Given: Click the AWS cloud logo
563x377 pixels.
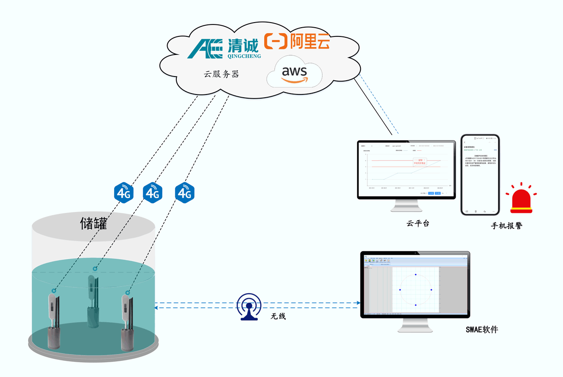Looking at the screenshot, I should coord(295,74).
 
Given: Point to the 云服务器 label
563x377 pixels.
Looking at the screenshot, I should coord(222,74).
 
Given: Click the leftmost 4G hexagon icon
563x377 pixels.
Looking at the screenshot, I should coord(124,193).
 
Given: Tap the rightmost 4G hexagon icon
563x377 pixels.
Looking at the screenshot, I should coord(185,193).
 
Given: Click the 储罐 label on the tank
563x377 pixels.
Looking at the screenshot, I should coord(94,224).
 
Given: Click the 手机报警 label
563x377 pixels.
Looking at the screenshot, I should coord(506,226).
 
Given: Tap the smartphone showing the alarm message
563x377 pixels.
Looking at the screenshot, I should coord(480,175).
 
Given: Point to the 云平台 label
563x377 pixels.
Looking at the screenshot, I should coord(418,224).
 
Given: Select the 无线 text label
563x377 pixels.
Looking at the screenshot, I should coord(278,317).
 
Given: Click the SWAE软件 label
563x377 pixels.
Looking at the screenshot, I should coord(482,329).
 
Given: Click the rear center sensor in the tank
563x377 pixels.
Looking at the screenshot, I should coord(93,300).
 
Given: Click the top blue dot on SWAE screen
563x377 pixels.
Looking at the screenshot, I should coord(416,275).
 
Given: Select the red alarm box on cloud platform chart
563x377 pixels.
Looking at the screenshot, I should coord(419,162).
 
